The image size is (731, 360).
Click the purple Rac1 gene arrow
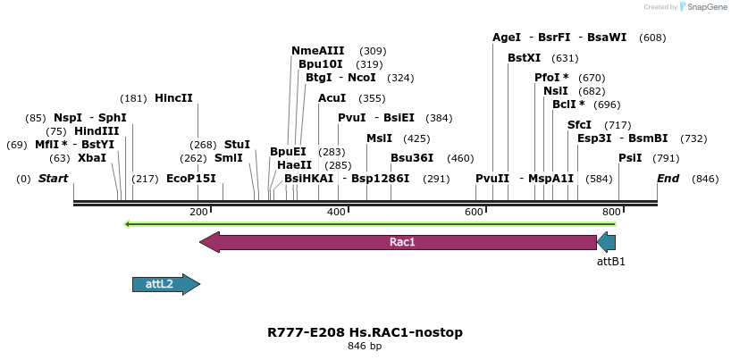[x=402, y=242]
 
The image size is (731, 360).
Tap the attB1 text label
[x=610, y=262]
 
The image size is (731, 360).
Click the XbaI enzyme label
[x=91, y=158]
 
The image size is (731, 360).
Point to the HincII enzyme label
[x=173, y=98]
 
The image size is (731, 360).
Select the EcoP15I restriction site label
[x=191, y=179]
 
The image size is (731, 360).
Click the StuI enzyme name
[x=237, y=145]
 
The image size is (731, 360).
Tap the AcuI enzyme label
[x=332, y=98]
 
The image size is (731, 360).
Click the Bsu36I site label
[x=412, y=158]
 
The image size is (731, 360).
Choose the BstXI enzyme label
[x=525, y=58]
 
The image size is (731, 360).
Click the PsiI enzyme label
[x=630, y=158]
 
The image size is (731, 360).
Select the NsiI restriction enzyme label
[x=555, y=91]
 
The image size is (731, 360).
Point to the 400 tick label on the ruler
[x=336, y=211]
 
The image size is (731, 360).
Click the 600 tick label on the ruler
[x=474, y=211]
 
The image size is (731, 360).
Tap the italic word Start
[x=53, y=179]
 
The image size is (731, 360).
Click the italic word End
[x=668, y=179]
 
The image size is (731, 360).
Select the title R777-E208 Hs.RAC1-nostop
[x=365, y=332]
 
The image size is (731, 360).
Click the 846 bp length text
[x=365, y=347]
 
